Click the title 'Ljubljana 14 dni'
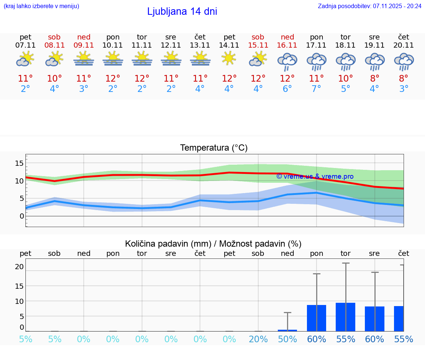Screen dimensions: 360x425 [x=182, y=11]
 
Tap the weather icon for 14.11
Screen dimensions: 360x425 [x=229, y=58]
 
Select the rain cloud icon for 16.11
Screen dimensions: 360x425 [x=287, y=61]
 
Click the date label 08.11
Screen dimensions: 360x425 [x=54, y=45]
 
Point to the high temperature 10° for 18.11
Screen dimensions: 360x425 [x=346, y=79]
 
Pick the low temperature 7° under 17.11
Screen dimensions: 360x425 [x=317, y=89]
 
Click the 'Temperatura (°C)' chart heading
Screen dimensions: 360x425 [x=214, y=148]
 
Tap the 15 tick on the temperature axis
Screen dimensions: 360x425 [x=19, y=163]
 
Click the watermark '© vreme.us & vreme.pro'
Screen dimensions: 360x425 [x=315, y=176]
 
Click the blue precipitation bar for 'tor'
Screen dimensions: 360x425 [x=346, y=317]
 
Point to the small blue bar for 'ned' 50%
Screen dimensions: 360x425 [x=287, y=330]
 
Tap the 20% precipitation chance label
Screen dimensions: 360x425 [x=258, y=339]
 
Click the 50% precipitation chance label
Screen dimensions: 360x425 [x=287, y=339]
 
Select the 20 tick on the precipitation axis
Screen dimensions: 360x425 [x=19, y=267]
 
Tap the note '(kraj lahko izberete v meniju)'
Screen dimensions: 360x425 [x=41, y=6]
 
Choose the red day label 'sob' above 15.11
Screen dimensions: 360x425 [x=258, y=37]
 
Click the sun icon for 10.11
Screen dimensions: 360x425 [x=113, y=59]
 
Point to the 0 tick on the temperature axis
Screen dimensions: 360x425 [x=21, y=216]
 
